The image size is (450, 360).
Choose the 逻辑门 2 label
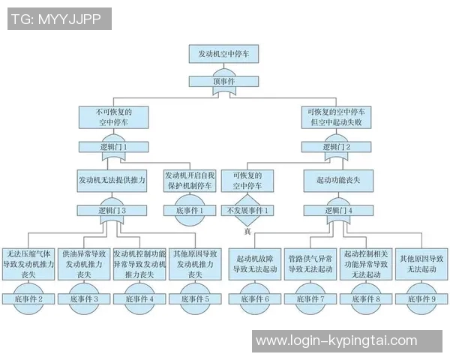(x=336, y=147)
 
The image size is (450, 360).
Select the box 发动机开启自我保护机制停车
(x=188, y=180)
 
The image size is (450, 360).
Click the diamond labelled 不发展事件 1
(x=247, y=211)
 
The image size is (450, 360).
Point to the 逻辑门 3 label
(x=112, y=211)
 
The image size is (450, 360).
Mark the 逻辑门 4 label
(x=335, y=211)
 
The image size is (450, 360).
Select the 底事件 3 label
(x=83, y=298)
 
